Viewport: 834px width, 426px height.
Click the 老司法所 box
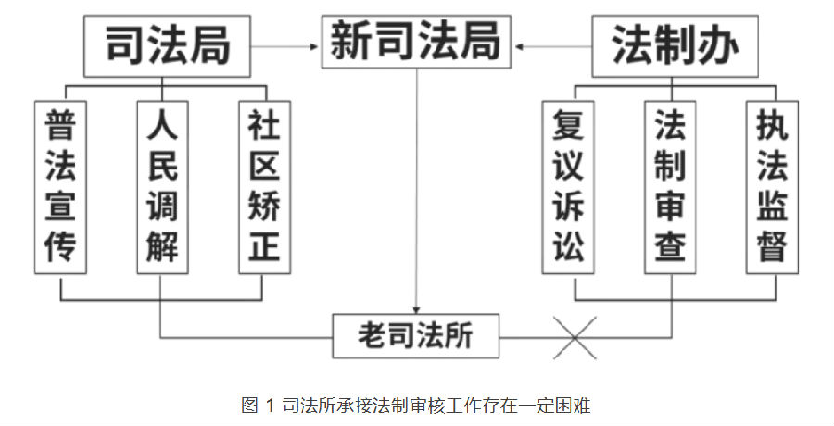[416, 335]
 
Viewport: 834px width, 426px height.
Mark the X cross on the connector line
[575, 335]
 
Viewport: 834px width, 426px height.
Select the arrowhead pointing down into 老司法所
[416, 309]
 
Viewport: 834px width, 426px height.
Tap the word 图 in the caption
[250, 405]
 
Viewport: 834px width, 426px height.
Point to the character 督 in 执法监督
[771, 247]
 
